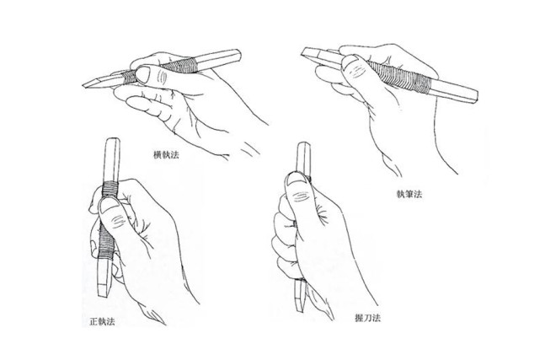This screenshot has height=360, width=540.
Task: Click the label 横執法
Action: (166, 154)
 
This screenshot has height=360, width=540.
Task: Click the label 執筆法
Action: (409, 194)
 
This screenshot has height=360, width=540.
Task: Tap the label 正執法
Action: (102, 322)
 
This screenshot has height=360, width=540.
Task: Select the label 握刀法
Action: (368, 318)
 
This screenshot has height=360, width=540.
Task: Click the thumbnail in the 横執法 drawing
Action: (143, 74)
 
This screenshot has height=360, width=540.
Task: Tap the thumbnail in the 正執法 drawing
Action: (109, 207)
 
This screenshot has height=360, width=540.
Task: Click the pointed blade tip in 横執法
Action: (83, 85)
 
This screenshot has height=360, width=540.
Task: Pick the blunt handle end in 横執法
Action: (239, 55)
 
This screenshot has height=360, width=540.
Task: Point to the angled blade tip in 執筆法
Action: (302, 52)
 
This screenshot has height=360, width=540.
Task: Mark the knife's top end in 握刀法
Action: (304, 143)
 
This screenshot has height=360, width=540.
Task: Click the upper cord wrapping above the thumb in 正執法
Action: (111, 189)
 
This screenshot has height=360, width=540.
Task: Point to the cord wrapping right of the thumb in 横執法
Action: (179, 66)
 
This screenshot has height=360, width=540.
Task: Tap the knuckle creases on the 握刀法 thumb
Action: (300, 196)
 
